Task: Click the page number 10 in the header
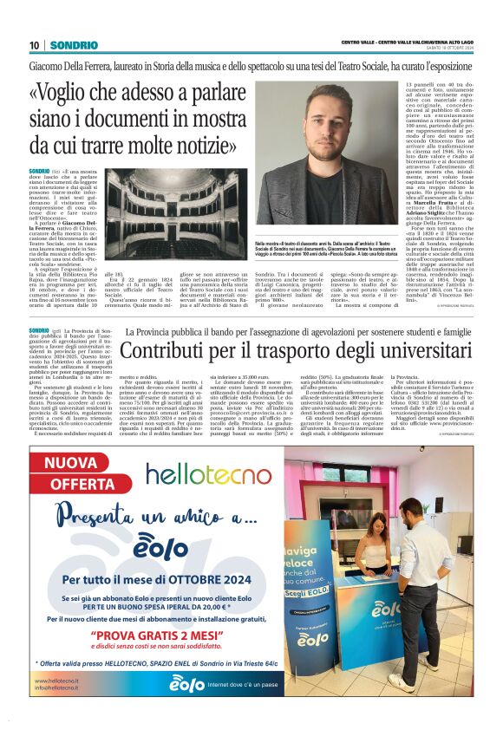click(x=35, y=45)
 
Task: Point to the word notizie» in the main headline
click(x=204, y=141)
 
